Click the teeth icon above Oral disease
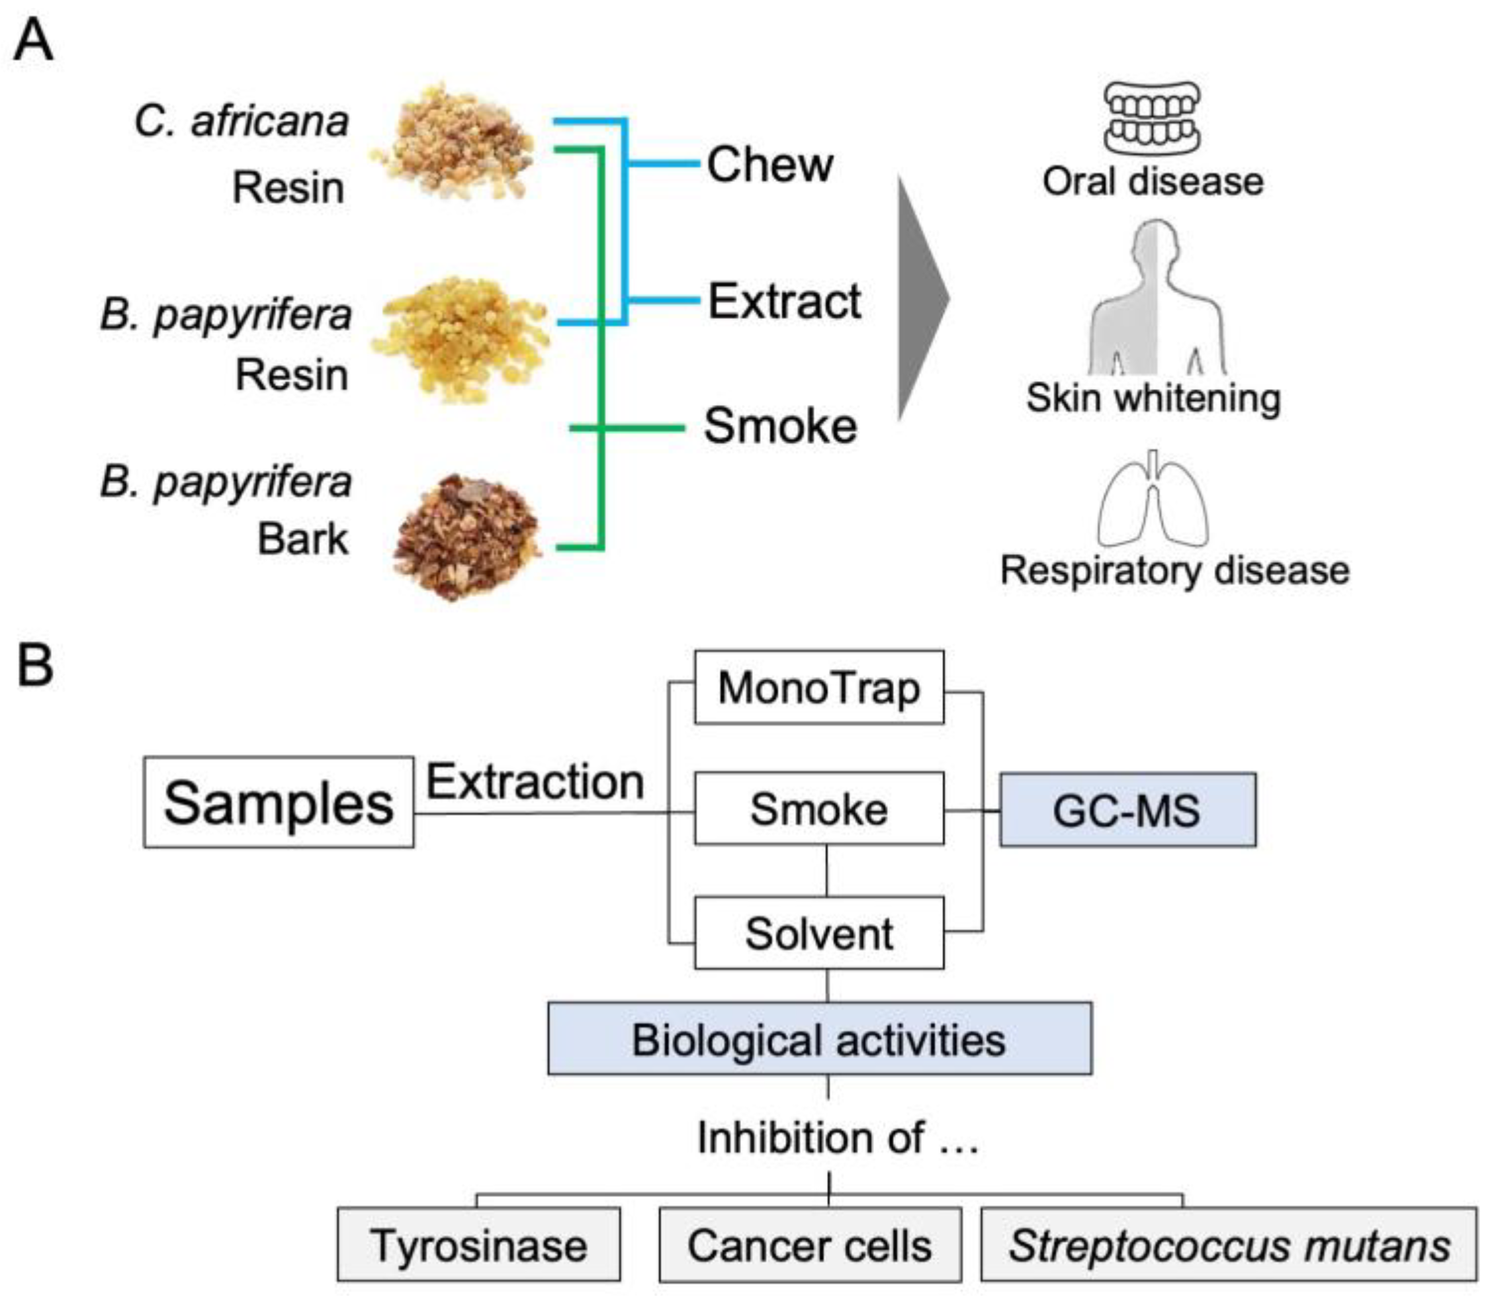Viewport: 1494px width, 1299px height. point(1152,118)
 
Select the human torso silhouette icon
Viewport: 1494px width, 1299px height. point(1157,297)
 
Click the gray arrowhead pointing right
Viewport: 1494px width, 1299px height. point(924,298)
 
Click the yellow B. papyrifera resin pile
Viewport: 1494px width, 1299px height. point(461,337)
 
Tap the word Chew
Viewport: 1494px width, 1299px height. point(770,165)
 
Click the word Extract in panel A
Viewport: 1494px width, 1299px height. point(784,301)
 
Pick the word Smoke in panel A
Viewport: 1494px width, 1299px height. point(781,426)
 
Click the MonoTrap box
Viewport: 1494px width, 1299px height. point(819,687)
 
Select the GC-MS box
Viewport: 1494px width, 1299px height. point(1128,810)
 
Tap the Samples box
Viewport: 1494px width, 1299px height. point(279,803)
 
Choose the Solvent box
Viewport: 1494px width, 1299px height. point(819,933)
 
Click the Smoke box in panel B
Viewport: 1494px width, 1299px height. point(819,808)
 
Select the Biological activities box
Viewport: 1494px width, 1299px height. point(820,1039)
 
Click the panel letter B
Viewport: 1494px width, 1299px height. point(35,666)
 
